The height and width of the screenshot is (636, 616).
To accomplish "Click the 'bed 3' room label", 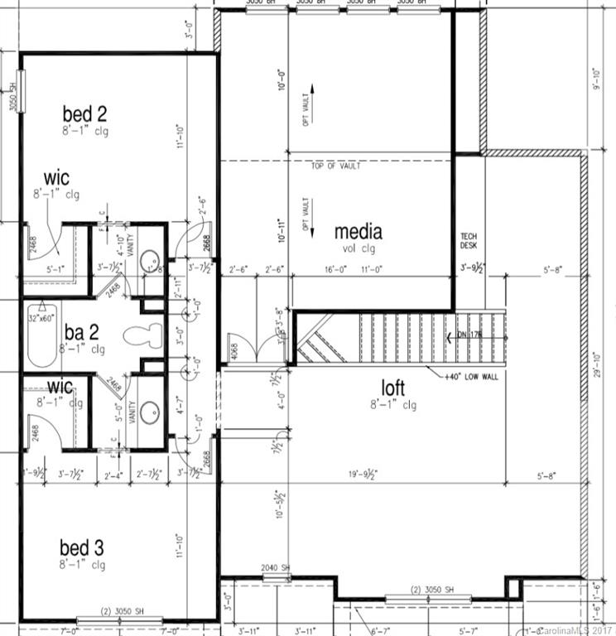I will [x=81, y=547].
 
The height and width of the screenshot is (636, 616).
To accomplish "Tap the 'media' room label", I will [x=358, y=232].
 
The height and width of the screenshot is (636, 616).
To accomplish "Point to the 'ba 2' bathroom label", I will [x=83, y=333].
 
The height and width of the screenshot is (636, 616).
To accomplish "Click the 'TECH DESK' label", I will [x=469, y=241].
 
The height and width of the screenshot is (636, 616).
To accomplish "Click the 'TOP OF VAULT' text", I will [x=334, y=166].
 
